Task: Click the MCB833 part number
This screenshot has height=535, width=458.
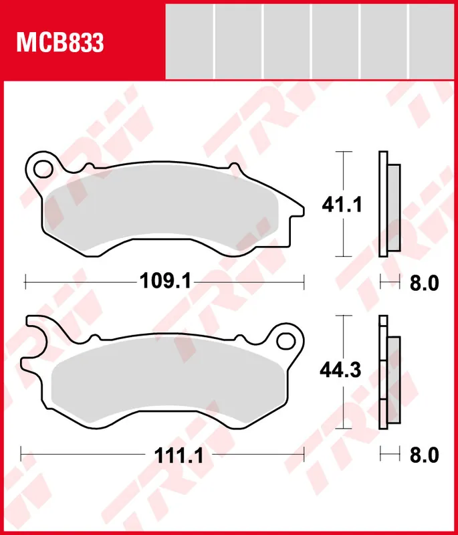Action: pyautogui.click(x=60, y=43)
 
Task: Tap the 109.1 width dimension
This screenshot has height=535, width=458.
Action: pyautogui.click(x=165, y=282)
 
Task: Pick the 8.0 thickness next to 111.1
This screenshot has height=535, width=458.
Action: pyautogui.click(x=423, y=456)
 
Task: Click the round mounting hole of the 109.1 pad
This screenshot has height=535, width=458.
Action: pyautogui.click(x=42, y=167)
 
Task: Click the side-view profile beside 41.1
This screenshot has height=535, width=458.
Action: pyautogui.click(x=388, y=203)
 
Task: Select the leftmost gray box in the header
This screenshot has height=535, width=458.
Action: pyautogui.click(x=189, y=41)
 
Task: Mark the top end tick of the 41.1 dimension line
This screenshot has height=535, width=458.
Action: pyautogui.click(x=342, y=152)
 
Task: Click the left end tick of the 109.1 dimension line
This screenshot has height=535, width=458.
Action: pyautogui.click(x=25, y=282)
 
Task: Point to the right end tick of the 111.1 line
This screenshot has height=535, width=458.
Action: pyautogui.click(x=304, y=456)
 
